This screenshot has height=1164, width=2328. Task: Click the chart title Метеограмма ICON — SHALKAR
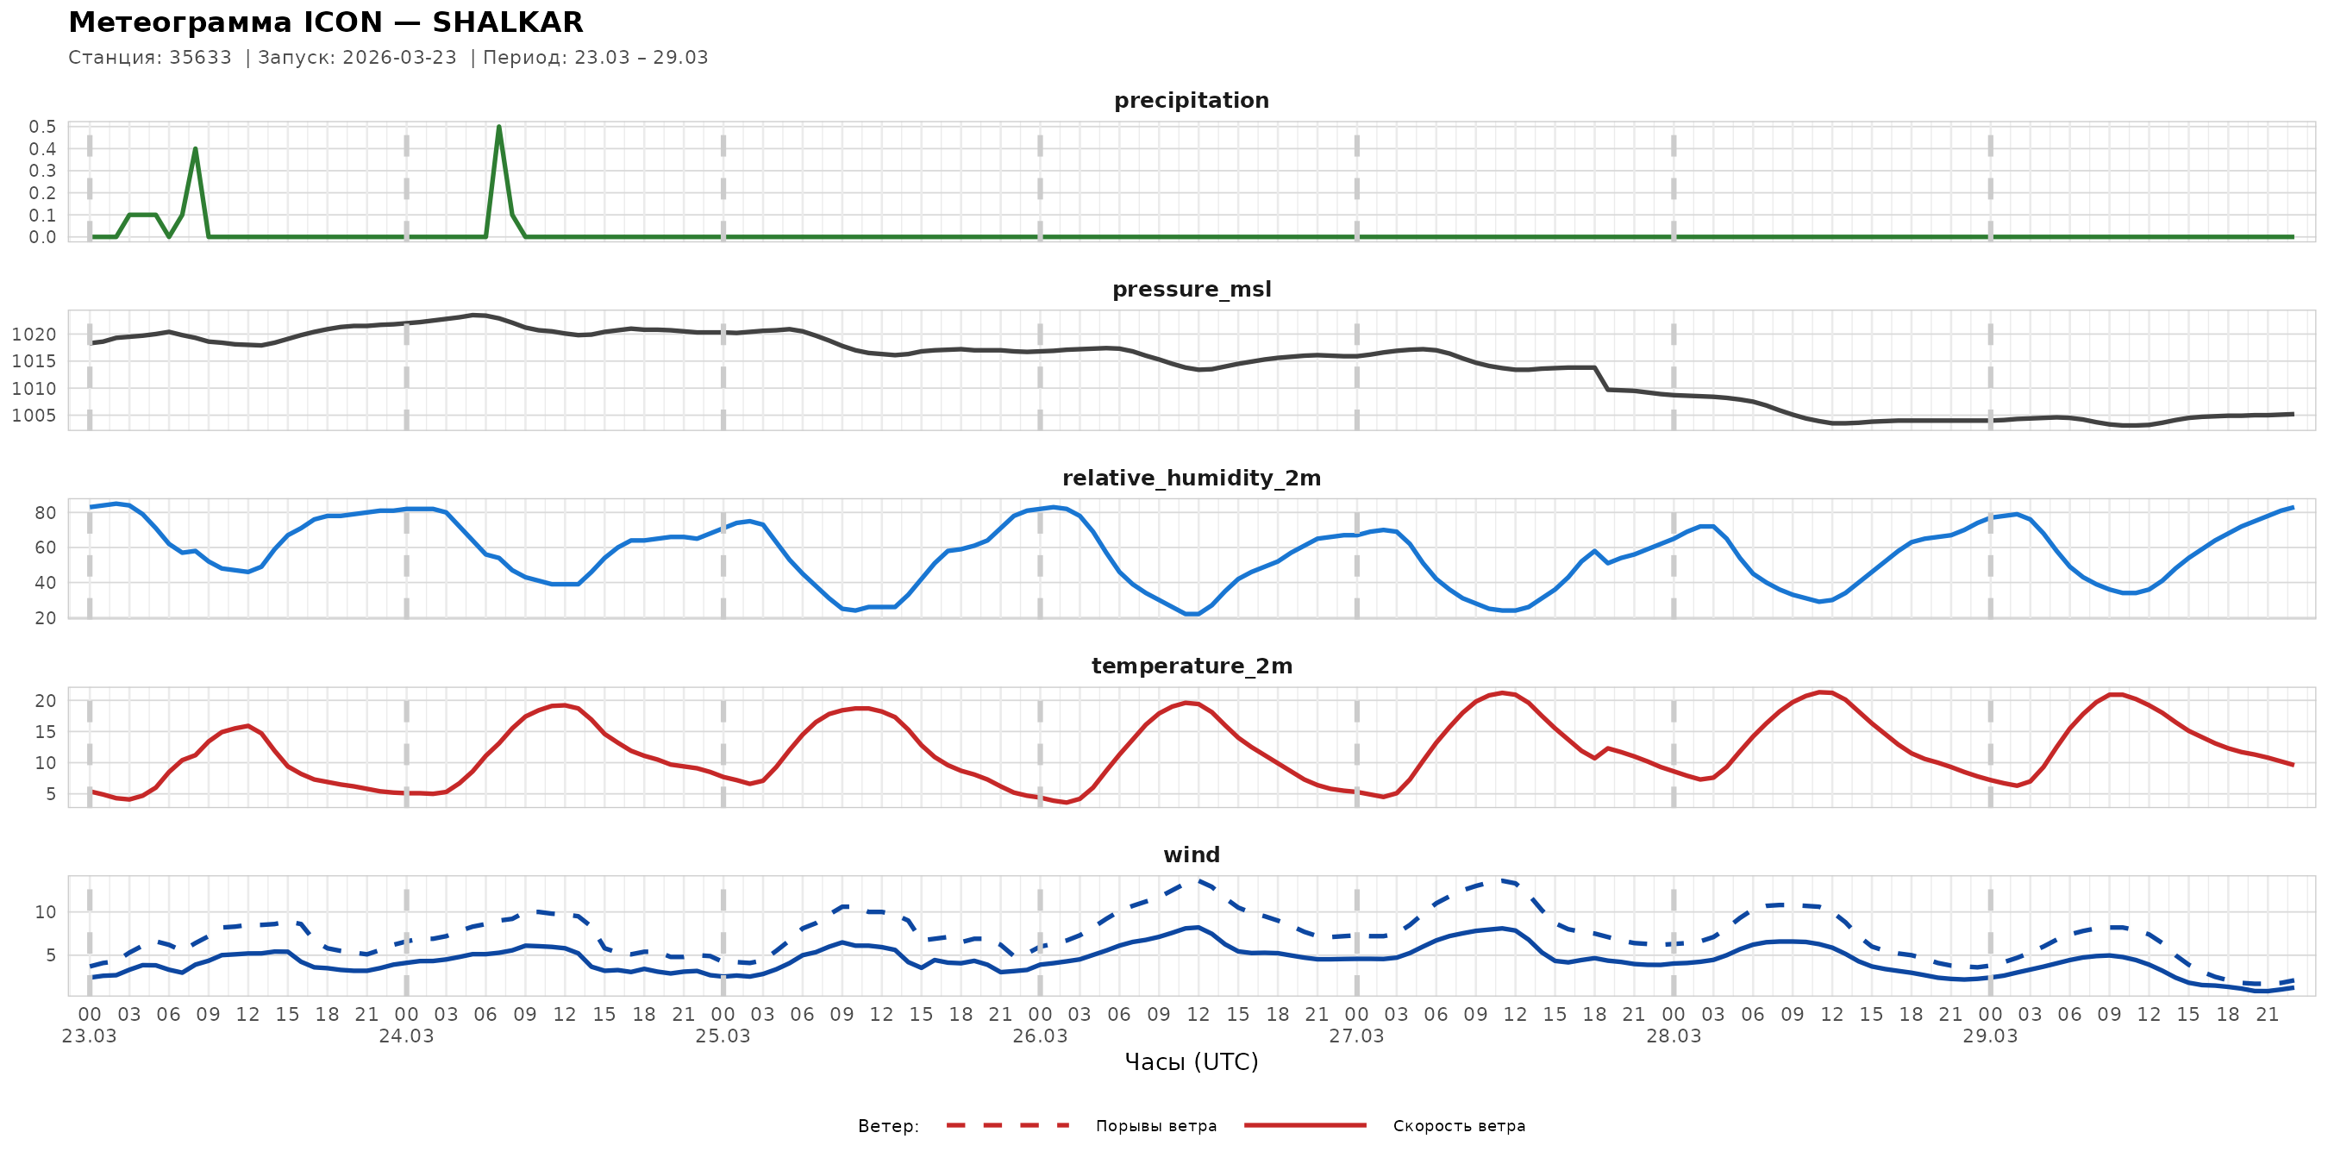point(325,22)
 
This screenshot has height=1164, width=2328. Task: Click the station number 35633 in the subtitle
point(200,58)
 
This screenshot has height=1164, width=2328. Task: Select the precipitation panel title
point(1191,100)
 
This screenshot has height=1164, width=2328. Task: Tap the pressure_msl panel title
point(1191,289)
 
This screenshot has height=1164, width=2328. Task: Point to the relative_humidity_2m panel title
point(1191,478)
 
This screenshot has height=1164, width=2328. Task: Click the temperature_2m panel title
point(1191,666)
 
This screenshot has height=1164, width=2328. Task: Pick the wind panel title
point(1191,855)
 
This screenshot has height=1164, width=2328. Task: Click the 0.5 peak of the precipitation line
point(499,128)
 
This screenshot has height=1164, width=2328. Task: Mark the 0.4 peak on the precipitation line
point(195,149)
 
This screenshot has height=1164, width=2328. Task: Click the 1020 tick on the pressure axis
point(34,335)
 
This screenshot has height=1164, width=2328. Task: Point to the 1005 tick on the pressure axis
point(34,416)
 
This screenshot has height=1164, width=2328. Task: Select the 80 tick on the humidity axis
point(45,512)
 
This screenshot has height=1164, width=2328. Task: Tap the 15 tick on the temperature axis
point(45,732)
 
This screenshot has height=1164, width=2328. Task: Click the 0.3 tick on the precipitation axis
point(42,171)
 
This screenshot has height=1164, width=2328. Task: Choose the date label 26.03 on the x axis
point(1039,1036)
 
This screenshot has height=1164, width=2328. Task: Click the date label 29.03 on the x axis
point(1990,1036)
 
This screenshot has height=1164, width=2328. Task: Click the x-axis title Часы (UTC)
point(1191,1062)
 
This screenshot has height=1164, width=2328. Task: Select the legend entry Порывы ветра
point(1156,1126)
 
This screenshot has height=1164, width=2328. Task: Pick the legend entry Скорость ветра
point(1459,1126)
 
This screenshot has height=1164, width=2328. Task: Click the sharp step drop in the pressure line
point(1601,379)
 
